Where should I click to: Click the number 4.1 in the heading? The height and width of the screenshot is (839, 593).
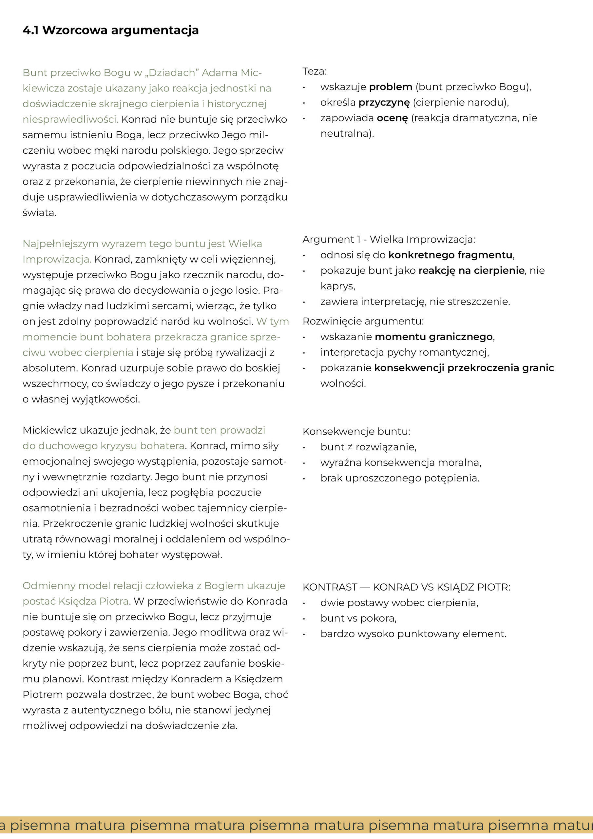(x=31, y=30)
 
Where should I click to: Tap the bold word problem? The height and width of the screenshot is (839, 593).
(x=390, y=87)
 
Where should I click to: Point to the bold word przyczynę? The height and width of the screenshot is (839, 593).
(x=384, y=103)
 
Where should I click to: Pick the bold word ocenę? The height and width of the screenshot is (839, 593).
(x=392, y=118)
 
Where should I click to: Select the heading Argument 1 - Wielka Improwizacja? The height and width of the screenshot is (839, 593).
(x=389, y=239)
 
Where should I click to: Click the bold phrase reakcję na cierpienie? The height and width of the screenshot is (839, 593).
(x=471, y=270)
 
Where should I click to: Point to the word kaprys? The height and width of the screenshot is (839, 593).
(x=337, y=286)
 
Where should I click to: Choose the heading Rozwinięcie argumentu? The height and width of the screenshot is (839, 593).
(x=363, y=321)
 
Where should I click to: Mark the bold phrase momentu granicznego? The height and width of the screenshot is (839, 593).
(x=434, y=337)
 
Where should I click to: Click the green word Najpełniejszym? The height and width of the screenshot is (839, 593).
(x=60, y=244)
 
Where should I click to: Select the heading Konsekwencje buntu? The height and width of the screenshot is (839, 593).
(x=356, y=432)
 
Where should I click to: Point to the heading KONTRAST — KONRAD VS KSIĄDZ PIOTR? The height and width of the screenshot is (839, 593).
(x=406, y=587)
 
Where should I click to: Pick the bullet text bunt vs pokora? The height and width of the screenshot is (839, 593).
(x=358, y=618)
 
